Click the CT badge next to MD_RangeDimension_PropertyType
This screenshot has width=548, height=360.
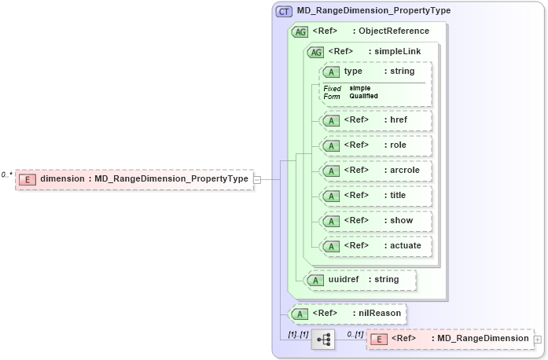[x=284, y=12]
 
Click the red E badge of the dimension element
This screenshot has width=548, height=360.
[x=28, y=179]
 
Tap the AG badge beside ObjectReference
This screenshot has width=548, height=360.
[x=300, y=31]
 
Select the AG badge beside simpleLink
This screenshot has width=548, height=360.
[x=315, y=52]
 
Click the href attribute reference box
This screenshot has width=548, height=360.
[x=376, y=120]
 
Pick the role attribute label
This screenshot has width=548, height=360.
[x=399, y=145]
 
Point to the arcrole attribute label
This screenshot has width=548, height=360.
[x=404, y=171]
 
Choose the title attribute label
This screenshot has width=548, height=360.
[x=399, y=196]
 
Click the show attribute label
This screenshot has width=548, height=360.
[x=401, y=221]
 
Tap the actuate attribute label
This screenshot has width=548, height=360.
[x=406, y=246]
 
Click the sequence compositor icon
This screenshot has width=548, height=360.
[x=323, y=339]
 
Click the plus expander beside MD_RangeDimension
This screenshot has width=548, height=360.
[x=538, y=339]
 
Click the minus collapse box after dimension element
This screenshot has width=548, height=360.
[x=256, y=179]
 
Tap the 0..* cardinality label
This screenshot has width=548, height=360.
[x=7, y=174]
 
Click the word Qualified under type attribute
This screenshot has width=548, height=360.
[x=364, y=96]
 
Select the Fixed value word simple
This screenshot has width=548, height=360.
[x=360, y=88]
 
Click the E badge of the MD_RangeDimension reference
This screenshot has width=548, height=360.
[x=378, y=339]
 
